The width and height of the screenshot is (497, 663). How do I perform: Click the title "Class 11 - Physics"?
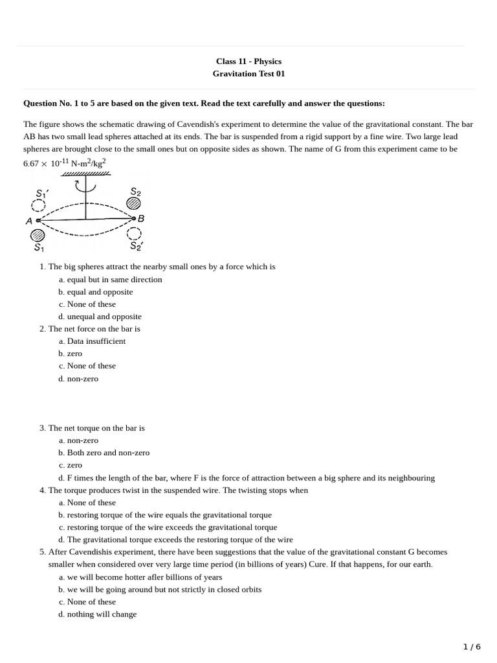(x=248, y=62)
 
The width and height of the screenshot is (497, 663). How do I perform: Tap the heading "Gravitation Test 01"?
(x=248, y=74)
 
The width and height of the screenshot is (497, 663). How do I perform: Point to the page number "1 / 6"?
(x=472, y=647)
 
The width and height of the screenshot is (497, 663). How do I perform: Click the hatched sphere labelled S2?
(x=133, y=203)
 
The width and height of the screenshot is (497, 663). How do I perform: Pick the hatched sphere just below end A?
(x=38, y=234)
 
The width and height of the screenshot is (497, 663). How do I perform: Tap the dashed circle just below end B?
(x=134, y=232)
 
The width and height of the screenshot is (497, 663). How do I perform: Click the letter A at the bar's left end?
(x=29, y=221)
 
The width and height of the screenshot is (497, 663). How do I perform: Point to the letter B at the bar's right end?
(x=141, y=219)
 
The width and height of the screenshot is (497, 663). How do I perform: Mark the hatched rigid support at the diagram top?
(x=85, y=174)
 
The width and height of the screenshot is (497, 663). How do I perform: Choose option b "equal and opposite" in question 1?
(x=100, y=292)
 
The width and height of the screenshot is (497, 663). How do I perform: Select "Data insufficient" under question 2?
(x=96, y=341)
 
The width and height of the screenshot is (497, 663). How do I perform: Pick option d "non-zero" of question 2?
(x=82, y=379)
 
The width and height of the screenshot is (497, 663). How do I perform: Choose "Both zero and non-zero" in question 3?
(x=108, y=453)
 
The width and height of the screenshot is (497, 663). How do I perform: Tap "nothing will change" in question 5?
(x=102, y=614)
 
